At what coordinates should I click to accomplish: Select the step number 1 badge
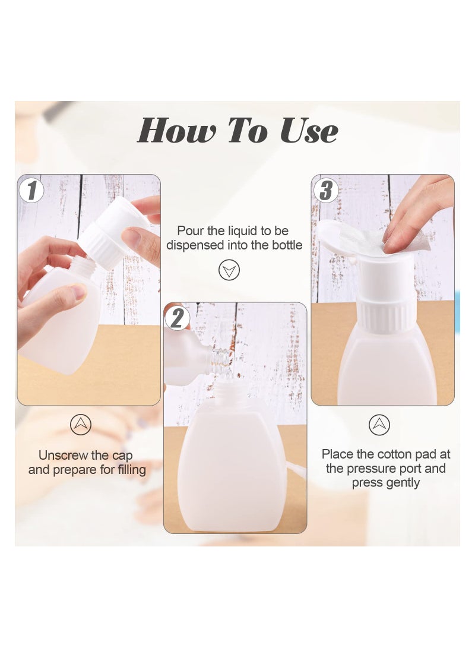click(31, 191)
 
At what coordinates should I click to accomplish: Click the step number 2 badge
click(176, 318)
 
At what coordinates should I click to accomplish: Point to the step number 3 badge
click(326, 191)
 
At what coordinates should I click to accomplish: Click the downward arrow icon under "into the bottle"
click(229, 270)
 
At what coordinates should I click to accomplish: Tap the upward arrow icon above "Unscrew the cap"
click(81, 425)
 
